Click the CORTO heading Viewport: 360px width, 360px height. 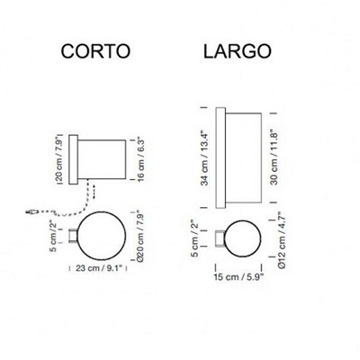coord(95,50)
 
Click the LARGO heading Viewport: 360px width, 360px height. coord(238,51)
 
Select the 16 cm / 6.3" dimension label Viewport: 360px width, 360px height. coord(140,160)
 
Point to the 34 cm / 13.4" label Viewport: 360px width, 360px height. coord(205,157)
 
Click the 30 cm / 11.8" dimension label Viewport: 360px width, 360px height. coord(274,157)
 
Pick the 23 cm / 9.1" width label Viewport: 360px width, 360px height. coord(99,268)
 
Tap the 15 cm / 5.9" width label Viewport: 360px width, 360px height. coord(238,276)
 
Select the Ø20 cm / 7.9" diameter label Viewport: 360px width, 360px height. coord(140,238)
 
